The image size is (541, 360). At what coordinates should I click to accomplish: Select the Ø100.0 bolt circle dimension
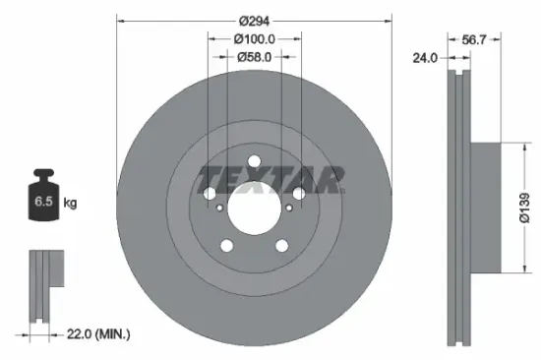[x=254, y=38]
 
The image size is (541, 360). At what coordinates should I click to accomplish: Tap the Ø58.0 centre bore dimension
[x=254, y=57]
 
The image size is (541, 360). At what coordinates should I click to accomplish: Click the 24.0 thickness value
[x=426, y=58]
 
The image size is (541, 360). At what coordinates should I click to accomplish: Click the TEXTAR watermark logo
[x=271, y=178]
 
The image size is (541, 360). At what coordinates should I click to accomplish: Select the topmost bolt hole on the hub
[x=254, y=162]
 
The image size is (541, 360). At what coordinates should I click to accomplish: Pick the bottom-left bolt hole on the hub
[x=227, y=246]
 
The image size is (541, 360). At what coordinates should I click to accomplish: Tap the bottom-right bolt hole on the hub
[x=281, y=246]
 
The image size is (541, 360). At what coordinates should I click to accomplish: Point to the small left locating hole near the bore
[x=217, y=208]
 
